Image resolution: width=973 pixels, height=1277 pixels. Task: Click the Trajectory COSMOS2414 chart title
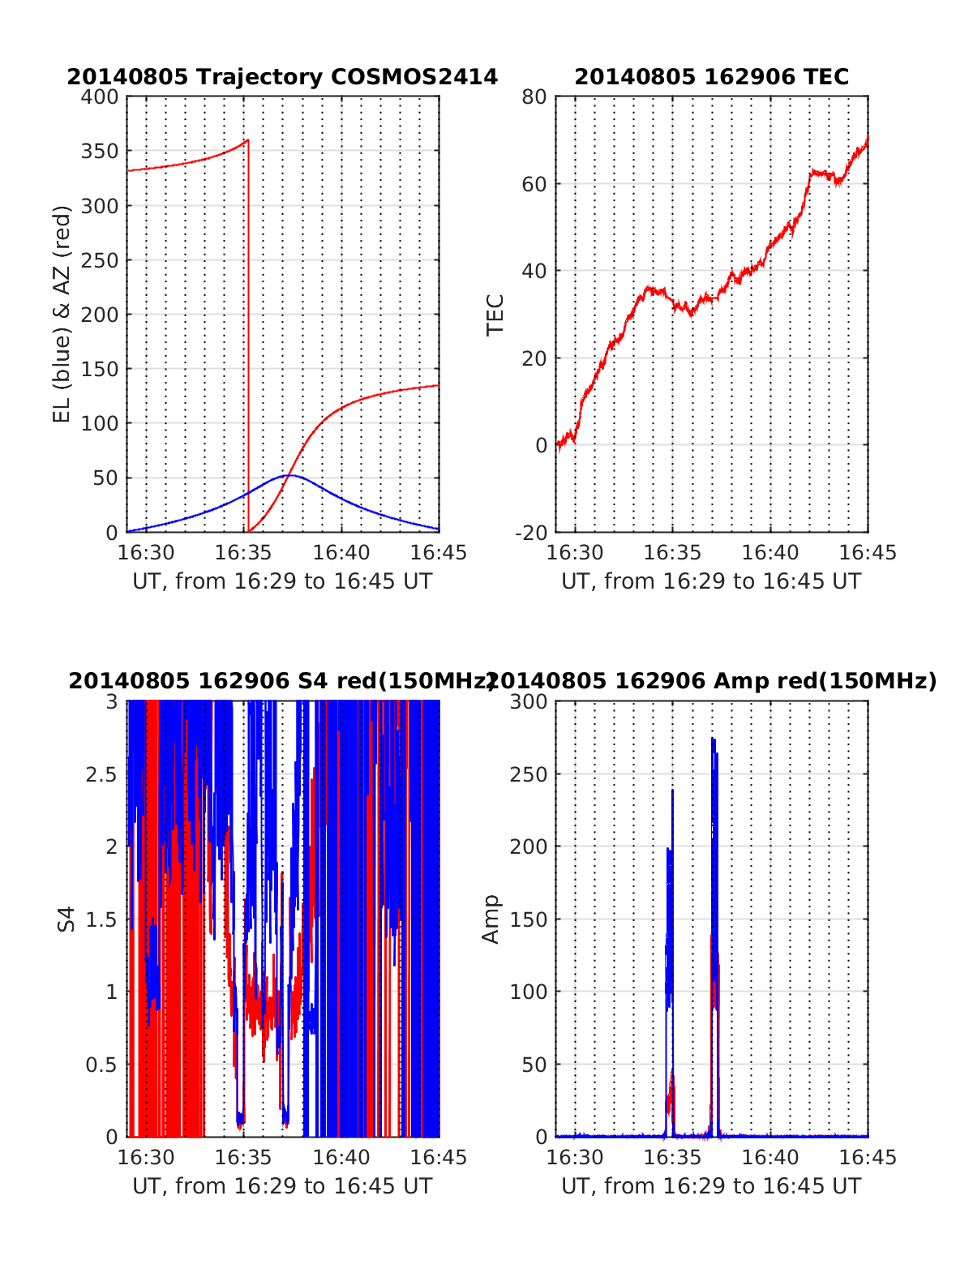pyautogui.click(x=282, y=77)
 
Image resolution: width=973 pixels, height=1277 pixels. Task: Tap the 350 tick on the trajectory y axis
pyautogui.click(x=100, y=152)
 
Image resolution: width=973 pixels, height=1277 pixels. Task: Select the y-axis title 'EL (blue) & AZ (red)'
pyautogui.click(x=62, y=314)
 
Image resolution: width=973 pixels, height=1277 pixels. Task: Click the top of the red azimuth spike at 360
pyautogui.click(x=248, y=140)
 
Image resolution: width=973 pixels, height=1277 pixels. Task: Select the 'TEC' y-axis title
pyautogui.click(x=495, y=314)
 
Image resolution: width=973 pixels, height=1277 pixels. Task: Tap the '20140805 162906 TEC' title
pyautogui.click(x=711, y=77)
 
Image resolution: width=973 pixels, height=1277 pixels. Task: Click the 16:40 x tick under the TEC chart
pyautogui.click(x=770, y=553)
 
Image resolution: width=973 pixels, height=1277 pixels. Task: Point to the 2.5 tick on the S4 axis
pyautogui.click(x=101, y=774)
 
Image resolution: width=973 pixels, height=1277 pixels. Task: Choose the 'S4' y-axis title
pyautogui.click(x=66, y=919)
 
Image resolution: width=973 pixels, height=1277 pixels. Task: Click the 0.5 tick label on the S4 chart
pyautogui.click(x=101, y=1065)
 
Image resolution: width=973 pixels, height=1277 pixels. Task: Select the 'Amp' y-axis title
pyautogui.click(x=491, y=919)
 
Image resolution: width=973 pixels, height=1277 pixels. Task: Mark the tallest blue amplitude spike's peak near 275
pyautogui.click(x=713, y=739)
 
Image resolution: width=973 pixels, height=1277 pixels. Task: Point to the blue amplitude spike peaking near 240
pyautogui.click(x=672, y=790)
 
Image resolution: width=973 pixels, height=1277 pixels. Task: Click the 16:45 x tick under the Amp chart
pyautogui.click(x=868, y=1157)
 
